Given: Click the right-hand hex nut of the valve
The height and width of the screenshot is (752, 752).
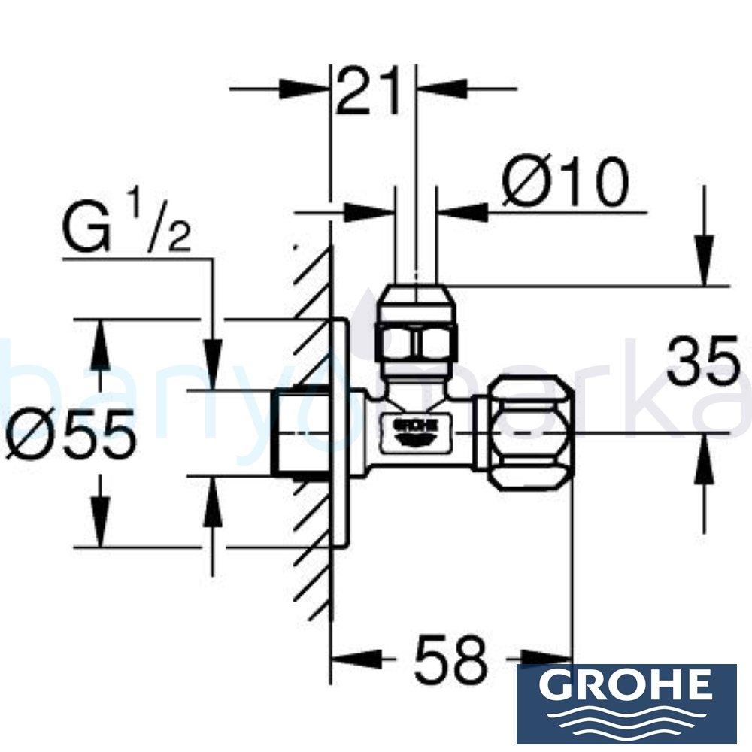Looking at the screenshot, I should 531,433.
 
